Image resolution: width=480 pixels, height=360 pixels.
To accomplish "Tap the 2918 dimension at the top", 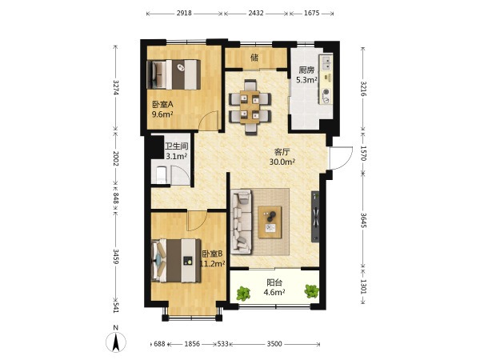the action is pyautogui.click(x=184, y=13).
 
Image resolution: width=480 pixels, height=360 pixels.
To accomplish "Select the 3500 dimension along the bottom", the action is pyautogui.click(x=274, y=344).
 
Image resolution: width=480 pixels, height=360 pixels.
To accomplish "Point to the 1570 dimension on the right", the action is pyautogui.click(x=363, y=153).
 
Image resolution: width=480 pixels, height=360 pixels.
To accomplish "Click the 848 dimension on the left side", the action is pyautogui.click(x=116, y=198).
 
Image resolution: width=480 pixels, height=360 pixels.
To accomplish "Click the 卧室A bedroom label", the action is pyautogui.click(x=162, y=104).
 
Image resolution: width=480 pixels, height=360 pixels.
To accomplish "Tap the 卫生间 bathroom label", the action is pyautogui.click(x=176, y=146).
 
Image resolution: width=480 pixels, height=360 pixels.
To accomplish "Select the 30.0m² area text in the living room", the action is pyautogui.click(x=282, y=162).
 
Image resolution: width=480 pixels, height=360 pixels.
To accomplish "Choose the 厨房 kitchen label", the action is pyautogui.click(x=306, y=70).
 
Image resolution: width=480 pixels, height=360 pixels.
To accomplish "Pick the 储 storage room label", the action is pyautogui.click(x=254, y=58).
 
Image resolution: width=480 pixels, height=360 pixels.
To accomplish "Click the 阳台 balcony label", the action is pyautogui.click(x=274, y=282).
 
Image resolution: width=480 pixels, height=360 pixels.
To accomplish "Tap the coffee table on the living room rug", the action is pyautogui.click(x=270, y=222).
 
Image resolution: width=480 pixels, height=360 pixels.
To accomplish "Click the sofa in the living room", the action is pyautogui.click(x=242, y=222).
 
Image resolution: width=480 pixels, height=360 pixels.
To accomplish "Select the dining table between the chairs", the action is pyautogui.click(x=250, y=107).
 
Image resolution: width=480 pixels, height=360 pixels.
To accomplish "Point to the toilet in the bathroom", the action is pyautogui.click(x=161, y=174).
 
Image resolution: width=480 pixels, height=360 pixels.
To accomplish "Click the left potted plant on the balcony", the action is pyautogui.click(x=244, y=293).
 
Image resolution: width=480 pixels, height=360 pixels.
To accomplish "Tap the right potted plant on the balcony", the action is pyautogui.click(x=312, y=291).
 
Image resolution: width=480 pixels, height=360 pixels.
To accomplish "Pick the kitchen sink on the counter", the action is pyautogui.click(x=326, y=62).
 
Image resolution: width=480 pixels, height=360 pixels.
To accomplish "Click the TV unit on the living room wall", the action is pyautogui.click(x=315, y=217).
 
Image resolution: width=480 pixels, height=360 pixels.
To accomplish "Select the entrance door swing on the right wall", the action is pyautogui.click(x=341, y=158).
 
